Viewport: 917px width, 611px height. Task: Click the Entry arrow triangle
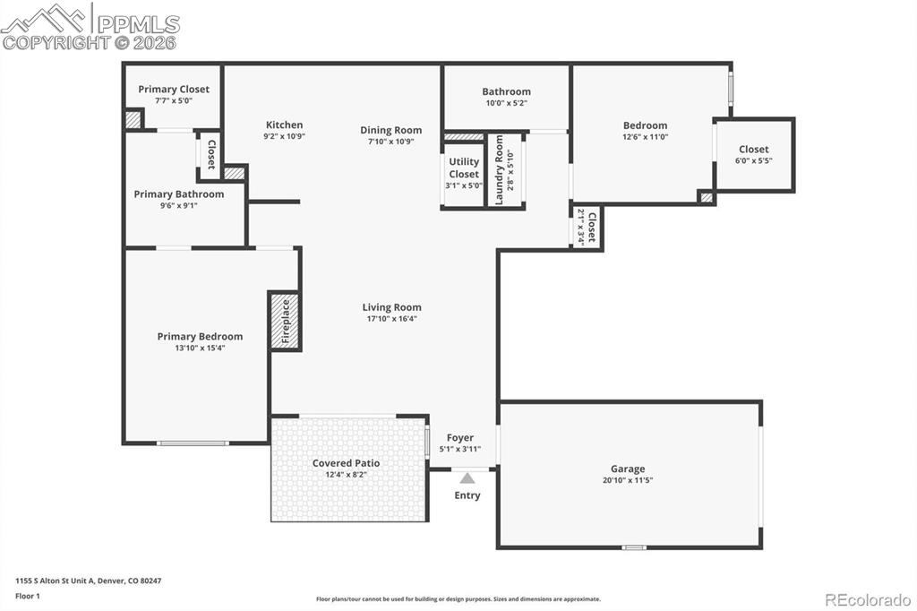point(467,478)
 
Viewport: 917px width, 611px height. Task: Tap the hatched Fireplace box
point(285,321)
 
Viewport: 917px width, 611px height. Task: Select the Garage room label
point(628,469)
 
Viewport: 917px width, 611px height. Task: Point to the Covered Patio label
point(346,463)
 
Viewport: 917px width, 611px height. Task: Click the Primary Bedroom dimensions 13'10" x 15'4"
point(200,348)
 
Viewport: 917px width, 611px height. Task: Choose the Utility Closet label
point(464,168)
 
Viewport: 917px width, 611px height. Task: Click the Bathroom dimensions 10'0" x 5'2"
point(506,103)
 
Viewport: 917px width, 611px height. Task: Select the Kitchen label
point(284,125)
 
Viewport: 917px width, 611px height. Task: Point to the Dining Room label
point(390,130)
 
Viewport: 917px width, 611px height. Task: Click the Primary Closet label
point(174,89)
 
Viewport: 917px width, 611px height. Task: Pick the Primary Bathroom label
point(179,194)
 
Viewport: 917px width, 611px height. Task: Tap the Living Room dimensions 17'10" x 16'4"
point(391,318)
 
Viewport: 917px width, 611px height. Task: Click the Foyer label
point(460,437)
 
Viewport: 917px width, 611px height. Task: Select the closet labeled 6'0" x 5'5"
point(753,155)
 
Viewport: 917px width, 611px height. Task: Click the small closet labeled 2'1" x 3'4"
point(587,227)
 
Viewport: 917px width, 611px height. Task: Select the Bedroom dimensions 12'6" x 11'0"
point(645,137)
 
